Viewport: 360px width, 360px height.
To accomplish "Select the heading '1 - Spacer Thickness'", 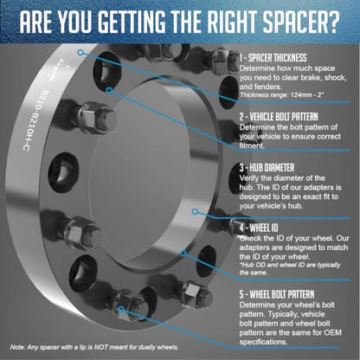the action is pos(273,58).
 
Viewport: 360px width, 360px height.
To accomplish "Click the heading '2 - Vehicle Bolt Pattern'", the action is pos(279,117).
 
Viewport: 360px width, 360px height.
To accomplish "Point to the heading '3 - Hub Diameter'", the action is pos(267,168).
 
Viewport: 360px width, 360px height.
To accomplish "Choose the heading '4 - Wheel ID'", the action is pos(259,228).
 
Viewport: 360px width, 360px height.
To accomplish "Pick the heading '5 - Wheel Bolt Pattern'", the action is pos(277,294).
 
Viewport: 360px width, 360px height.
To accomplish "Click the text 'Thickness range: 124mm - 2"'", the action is pos(281,95).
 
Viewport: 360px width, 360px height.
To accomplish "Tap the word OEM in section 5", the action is pos(331,332).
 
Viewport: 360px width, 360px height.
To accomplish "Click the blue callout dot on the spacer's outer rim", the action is pos(80,52).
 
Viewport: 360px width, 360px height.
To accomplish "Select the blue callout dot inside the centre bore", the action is pos(195,211).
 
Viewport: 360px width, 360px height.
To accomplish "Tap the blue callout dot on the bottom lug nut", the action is pos(121,310).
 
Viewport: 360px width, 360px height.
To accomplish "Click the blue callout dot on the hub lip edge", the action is pos(183,254).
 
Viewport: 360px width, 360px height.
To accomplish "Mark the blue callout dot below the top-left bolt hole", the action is pos(109,90).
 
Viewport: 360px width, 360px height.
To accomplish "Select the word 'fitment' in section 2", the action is pos(252,145).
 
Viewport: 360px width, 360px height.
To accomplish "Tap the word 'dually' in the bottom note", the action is pos(147,348).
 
